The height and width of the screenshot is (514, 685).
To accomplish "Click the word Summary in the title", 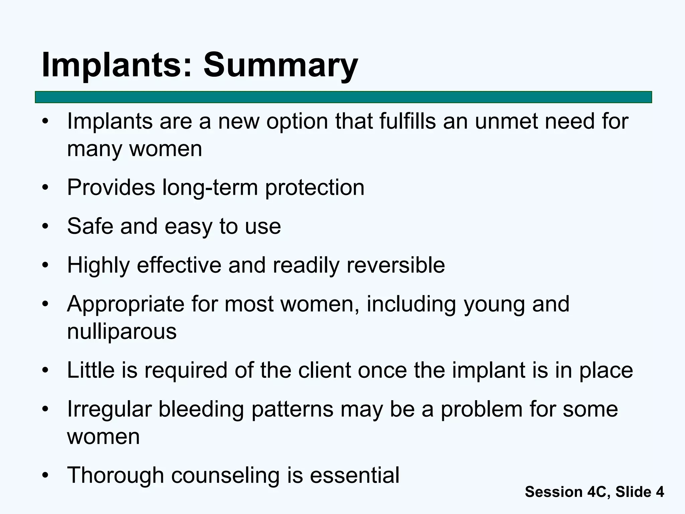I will click(x=280, y=65).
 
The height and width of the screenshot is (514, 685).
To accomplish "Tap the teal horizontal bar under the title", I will click(x=343, y=97).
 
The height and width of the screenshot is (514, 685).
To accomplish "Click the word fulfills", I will click(x=407, y=121).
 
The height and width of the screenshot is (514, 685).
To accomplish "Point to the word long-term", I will click(x=210, y=187).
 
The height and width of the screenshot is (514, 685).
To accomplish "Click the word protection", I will click(x=314, y=187).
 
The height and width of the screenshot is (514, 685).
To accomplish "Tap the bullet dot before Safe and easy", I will click(x=45, y=227).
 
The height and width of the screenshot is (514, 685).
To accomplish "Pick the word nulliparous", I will click(x=122, y=332).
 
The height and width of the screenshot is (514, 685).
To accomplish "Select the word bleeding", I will click(x=201, y=410).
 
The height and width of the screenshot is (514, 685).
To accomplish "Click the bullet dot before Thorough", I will click(x=45, y=476).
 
